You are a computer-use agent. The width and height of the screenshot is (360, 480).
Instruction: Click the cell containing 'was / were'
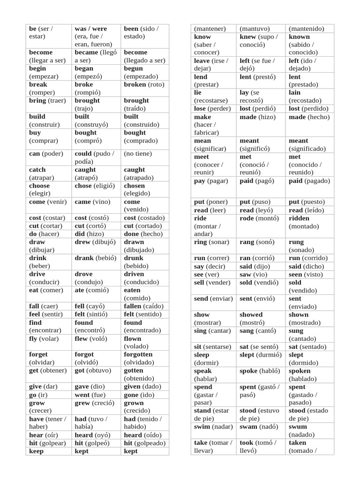pos(97,36)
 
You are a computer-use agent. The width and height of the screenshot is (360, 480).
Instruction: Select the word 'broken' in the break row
pos(135,85)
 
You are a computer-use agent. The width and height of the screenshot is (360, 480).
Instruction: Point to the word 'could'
pos(83,154)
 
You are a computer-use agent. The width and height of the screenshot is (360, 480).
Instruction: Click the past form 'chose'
pos(83,186)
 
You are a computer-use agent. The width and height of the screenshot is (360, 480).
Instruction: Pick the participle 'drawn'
pos(134,242)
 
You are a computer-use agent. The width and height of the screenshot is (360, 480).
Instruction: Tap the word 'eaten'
pos(132,290)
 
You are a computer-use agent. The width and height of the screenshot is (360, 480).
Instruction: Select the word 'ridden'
pos(299,218)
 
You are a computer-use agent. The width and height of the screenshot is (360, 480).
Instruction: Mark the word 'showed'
pos(251,315)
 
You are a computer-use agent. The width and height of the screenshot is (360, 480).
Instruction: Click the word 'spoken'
pos(300,371)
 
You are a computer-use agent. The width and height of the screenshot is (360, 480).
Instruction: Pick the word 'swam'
pos(249,427)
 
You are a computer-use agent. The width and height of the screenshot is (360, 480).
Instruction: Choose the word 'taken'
pos(298,443)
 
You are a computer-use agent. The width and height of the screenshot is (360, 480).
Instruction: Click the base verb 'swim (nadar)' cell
pos(213,427)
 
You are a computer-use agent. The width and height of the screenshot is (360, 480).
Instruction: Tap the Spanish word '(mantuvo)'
pos(256,29)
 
